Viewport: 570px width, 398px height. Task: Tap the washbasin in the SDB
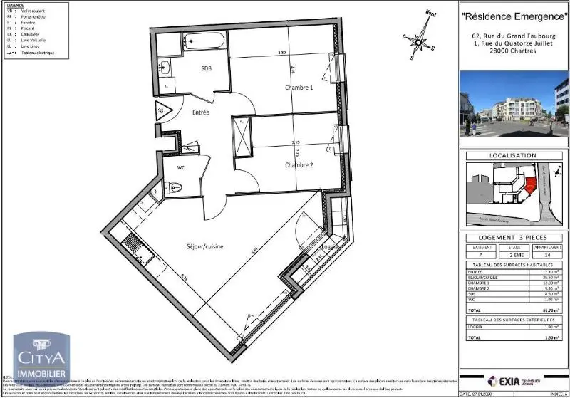coord(164,68)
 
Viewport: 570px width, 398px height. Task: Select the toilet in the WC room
coord(174,188)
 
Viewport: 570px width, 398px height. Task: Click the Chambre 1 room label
coord(299,88)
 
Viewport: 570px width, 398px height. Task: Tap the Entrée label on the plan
coord(200,112)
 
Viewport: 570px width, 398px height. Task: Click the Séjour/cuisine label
coord(206,246)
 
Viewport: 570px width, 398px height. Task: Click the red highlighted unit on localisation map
coord(529,183)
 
